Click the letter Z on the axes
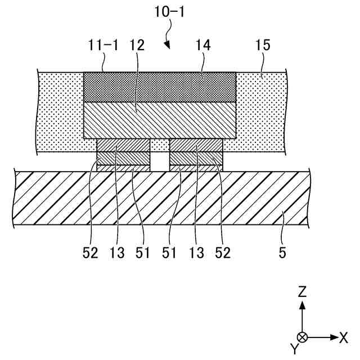tap(303, 291)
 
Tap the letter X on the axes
tap(343, 337)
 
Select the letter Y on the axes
tap(294, 349)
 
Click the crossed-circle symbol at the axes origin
tap(303, 337)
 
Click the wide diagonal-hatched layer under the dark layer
tap(160, 120)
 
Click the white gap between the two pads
tap(160, 161)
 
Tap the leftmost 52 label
tap(90, 253)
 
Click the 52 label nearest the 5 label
tap(222, 253)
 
